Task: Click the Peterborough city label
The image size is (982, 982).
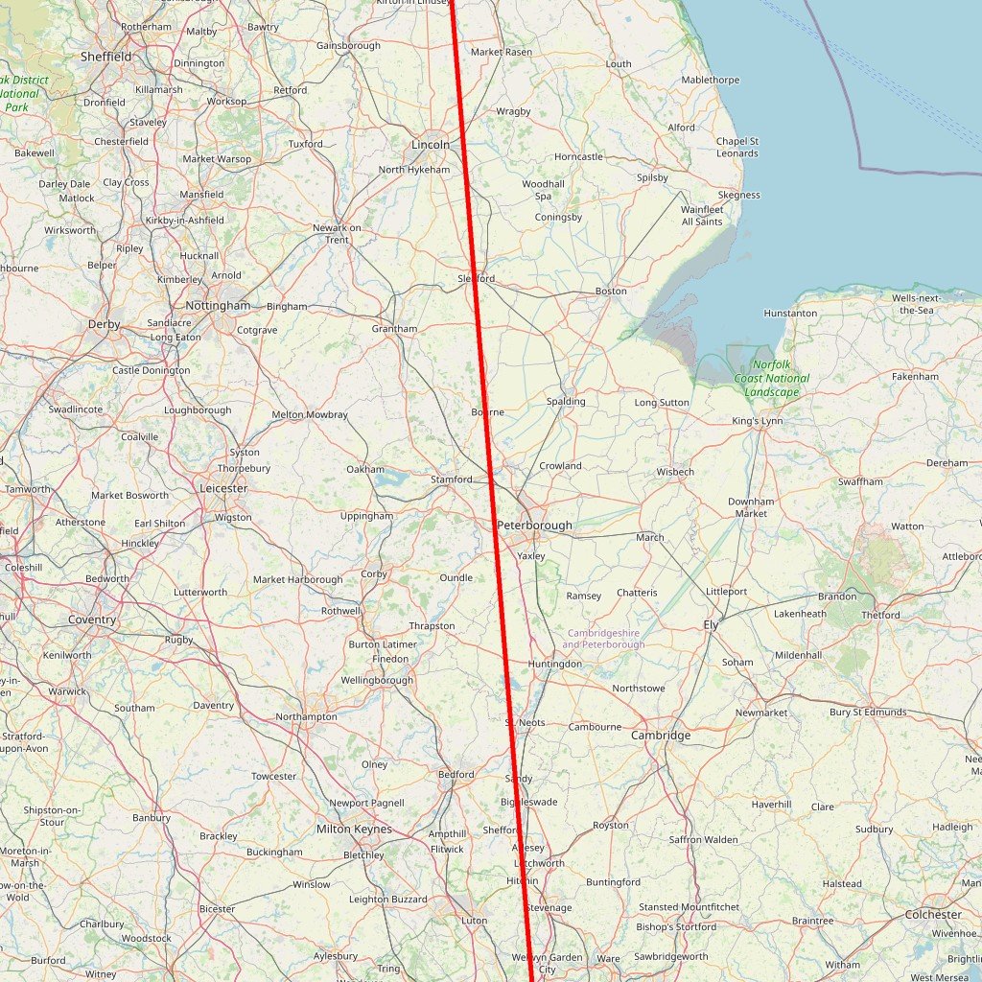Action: tap(534, 526)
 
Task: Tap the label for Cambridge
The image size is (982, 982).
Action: tap(661, 736)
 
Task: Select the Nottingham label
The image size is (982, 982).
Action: tap(218, 306)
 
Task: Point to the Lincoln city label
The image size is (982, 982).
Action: tap(430, 145)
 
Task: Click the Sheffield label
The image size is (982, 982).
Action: tap(105, 57)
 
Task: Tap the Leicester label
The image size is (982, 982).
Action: tap(223, 488)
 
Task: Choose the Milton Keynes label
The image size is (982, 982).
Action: tap(354, 829)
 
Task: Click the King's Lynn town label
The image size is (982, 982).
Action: tap(758, 421)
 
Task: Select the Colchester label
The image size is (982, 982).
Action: tap(933, 915)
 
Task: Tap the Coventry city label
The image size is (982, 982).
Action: tap(92, 620)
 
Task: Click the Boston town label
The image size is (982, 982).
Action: tap(611, 291)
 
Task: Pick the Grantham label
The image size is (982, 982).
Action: tap(394, 329)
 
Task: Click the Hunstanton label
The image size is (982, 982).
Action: tap(790, 314)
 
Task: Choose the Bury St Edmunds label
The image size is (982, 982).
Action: tap(868, 712)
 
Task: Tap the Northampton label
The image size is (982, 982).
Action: tap(306, 716)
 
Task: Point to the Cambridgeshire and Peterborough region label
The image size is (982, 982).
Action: tap(605, 639)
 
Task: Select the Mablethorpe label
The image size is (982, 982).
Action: tap(710, 81)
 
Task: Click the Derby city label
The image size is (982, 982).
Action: tap(105, 324)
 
